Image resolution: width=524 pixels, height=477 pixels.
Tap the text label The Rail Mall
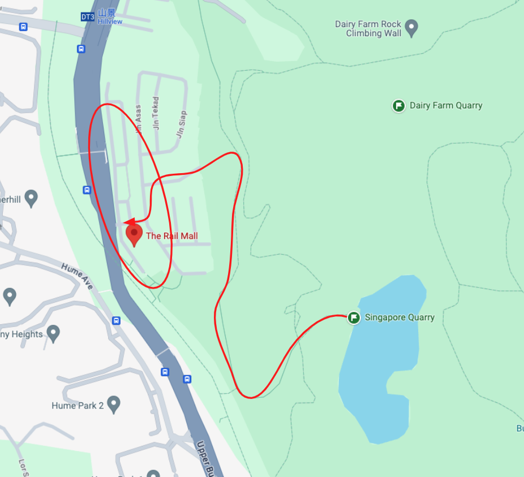pos(171,236)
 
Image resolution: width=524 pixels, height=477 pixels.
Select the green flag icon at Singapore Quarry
pos(354,317)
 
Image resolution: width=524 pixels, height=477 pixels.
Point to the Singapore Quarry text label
pos(400,317)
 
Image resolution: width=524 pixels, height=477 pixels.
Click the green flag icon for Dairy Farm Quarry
pos(398,106)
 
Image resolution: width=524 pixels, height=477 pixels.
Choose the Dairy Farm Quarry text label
pos(446,106)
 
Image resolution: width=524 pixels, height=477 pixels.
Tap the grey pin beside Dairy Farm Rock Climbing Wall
pos(412,27)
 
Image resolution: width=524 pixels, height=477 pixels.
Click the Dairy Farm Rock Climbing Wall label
pos(368,29)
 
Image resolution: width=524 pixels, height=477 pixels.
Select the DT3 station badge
pos(87,17)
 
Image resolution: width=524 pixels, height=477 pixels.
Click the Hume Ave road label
pos(77,276)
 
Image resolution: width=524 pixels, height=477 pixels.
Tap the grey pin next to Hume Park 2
pos(114,405)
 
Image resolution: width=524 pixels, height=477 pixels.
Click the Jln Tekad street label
pos(156,113)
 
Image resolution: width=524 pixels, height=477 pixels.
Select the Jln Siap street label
pos(181,124)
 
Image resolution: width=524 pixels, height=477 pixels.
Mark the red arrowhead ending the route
pos(128,222)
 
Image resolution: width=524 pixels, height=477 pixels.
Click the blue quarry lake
pos(379,362)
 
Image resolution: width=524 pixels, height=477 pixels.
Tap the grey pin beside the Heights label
pos(53,333)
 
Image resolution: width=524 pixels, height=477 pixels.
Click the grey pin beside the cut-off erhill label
pos(31,198)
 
